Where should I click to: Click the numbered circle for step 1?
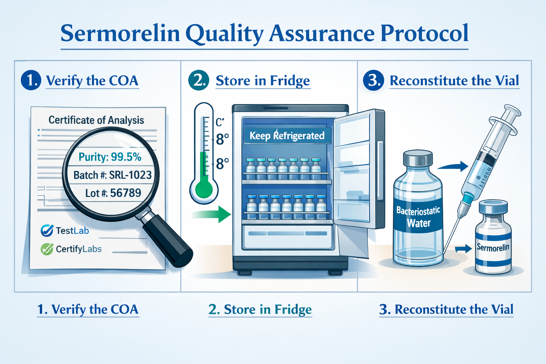(31, 80)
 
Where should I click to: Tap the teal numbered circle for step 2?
(199, 80)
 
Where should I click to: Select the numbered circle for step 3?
(373, 80)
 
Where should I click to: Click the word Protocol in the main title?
(424, 33)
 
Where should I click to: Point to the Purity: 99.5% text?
(110, 157)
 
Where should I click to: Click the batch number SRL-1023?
(130, 175)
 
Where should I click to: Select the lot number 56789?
(125, 193)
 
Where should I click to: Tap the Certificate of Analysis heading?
(96, 120)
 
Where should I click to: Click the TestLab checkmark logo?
(47, 230)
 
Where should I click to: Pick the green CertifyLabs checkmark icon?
(47, 249)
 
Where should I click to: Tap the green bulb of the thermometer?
(204, 190)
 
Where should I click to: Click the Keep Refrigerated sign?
(287, 135)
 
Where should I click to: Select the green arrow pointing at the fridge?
(211, 214)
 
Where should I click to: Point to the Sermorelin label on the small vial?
(493, 247)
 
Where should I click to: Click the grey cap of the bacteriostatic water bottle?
(418, 158)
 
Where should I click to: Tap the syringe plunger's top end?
(512, 110)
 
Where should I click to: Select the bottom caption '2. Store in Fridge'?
(260, 309)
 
